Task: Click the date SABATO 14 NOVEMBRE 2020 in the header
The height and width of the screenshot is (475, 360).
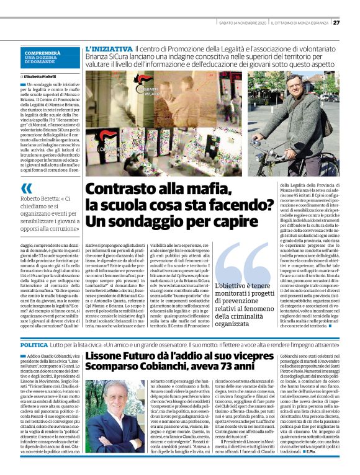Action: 243,23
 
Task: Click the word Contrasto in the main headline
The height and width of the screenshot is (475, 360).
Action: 120,189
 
